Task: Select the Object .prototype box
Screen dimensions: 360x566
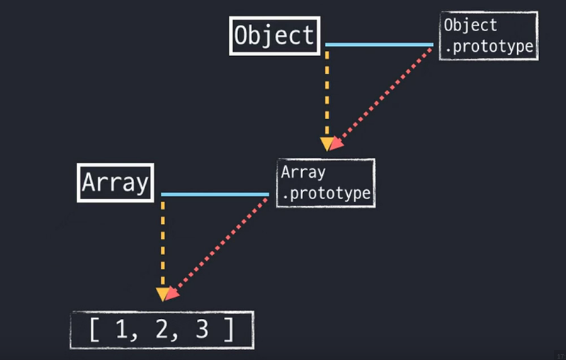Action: point(487,35)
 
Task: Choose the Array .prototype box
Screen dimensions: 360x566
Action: point(325,183)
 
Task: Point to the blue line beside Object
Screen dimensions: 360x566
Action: point(379,45)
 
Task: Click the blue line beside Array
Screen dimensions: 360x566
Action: point(215,194)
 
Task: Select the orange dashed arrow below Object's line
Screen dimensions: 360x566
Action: point(327,92)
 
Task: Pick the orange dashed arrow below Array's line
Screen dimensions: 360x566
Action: point(163,241)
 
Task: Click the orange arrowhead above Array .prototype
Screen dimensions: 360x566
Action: point(327,144)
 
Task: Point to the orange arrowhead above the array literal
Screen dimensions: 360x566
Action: point(163,294)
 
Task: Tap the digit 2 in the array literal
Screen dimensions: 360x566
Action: point(162,330)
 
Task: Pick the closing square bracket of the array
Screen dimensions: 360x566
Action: point(228,330)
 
